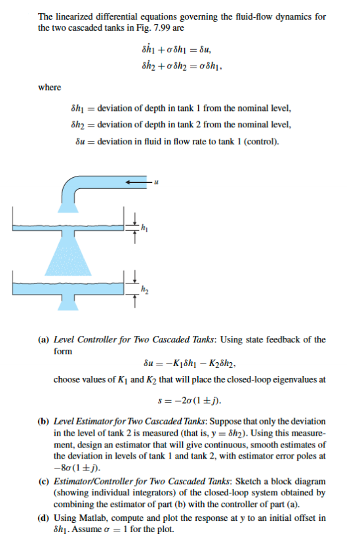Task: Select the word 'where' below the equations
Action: [50, 87]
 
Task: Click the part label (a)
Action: [44, 339]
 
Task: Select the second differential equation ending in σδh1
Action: [176, 66]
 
